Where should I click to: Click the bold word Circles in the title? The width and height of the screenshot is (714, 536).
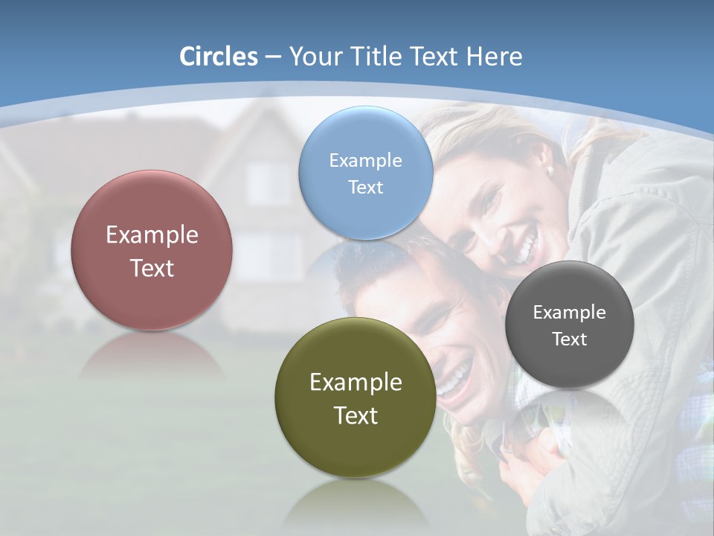pos(219,57)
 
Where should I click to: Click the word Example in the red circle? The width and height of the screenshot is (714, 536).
pos(152,235)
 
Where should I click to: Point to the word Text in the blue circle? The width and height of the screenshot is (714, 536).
pos(365,188)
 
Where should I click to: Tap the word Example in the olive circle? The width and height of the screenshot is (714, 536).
pos(356,383)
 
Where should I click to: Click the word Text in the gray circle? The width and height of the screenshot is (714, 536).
pos(569,339)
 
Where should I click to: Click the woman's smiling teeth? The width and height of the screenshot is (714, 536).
pos(527,245)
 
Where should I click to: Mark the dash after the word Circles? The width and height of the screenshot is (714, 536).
pos(272,57)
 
